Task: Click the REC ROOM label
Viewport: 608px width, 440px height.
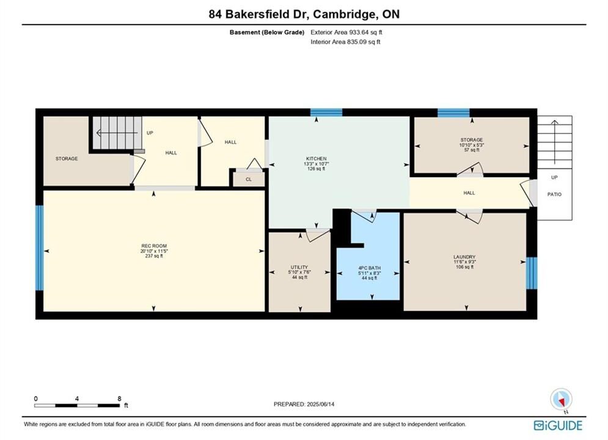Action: click(154, 246)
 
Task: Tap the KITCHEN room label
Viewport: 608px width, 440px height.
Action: click(317, 158)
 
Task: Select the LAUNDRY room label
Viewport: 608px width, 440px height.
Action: click(464, 257)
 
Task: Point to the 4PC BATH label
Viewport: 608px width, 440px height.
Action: click(369, 268)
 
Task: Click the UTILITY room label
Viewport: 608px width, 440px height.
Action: click(299, 267)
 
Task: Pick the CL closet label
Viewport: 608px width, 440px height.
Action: click(249, 180)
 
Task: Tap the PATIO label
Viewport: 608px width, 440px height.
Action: click(554, 194)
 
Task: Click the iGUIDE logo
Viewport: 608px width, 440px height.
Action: click(558, 425)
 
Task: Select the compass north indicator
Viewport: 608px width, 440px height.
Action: click(561, 399)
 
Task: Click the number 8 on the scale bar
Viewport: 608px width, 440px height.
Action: click(119, 398)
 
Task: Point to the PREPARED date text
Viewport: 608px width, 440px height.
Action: click(304, 404)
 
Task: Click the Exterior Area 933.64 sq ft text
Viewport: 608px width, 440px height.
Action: click(346, 32)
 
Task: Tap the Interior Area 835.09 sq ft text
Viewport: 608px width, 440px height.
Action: click(345, 42)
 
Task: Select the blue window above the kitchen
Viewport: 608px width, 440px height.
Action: click(326, 112)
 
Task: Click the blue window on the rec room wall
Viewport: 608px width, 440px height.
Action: click(40, 248)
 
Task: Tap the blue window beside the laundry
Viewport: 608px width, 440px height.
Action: click(532, 273)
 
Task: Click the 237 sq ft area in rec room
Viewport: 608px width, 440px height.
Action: click(154, 256)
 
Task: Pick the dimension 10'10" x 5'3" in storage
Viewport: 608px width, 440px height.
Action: click(472, 145)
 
